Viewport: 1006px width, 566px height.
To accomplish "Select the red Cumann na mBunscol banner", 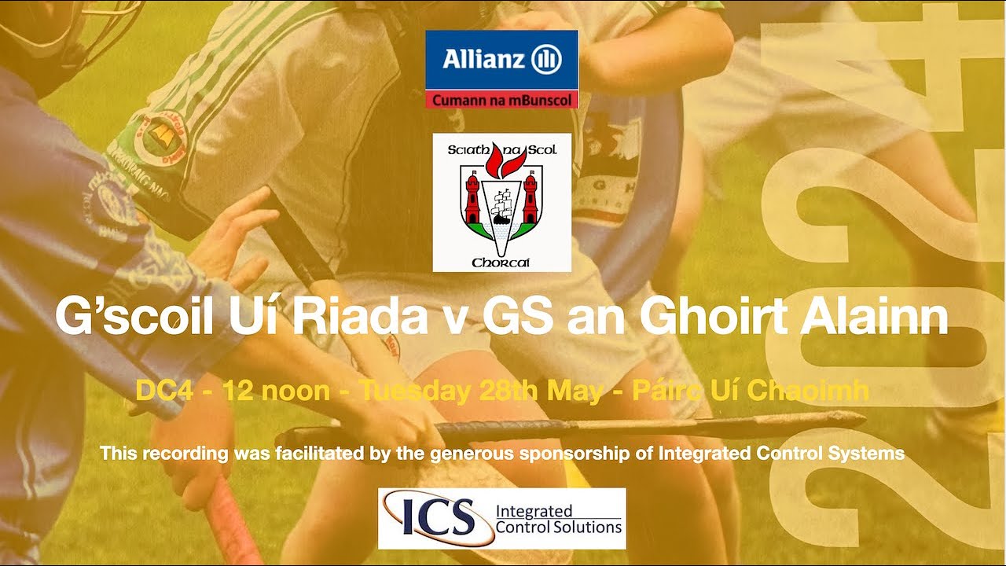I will (501, 100).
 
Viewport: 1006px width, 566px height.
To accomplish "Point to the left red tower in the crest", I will (472, 198).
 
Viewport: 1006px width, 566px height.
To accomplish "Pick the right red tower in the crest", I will (531, 198).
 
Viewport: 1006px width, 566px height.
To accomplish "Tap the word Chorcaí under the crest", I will (501, 262).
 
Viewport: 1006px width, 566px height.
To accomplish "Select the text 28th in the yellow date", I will (507, 391).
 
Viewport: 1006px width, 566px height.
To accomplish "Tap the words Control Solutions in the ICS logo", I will (558, 527).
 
